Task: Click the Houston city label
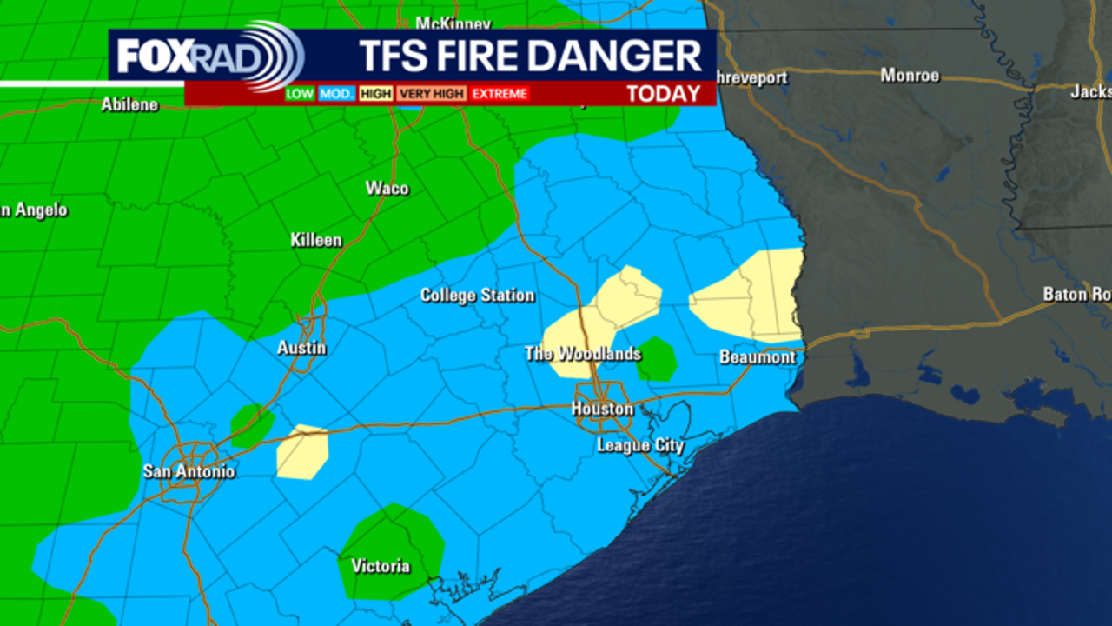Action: [602, 409]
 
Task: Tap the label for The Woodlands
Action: [582, 354]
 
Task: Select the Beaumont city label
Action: [757, 357]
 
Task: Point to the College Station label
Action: [477, 296]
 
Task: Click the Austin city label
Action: [301, 348]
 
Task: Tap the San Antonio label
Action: [189, 471]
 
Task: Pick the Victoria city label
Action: [381, 566]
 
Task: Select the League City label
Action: [640, 446]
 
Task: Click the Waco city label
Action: [387, 189]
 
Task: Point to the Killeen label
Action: [316, 240]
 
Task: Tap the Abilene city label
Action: [129, 104]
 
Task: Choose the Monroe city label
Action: [910, 76]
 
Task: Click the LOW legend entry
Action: [300, 94]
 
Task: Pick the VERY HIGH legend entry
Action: [433, 94]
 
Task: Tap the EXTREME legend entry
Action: [500, 94]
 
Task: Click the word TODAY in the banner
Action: [664, 94]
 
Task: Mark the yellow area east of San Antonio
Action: [302, 452]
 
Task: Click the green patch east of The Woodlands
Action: [657, 359]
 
